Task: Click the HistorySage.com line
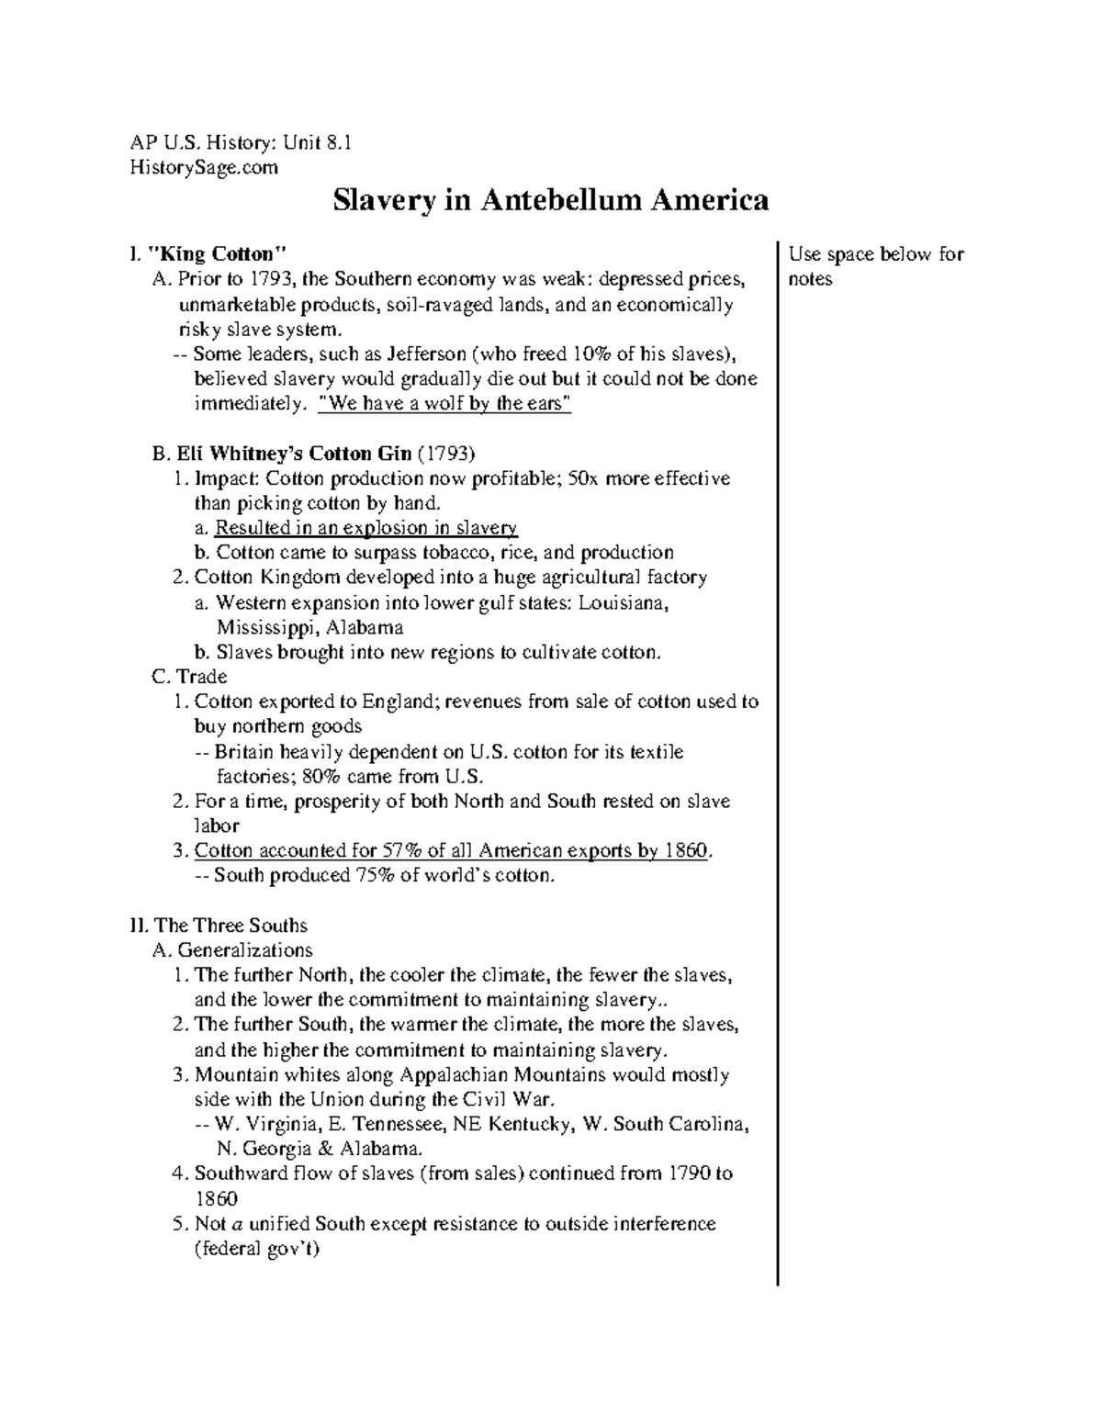point(201,167)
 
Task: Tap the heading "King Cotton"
point(216,253)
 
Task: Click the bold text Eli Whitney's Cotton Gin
point(295,454)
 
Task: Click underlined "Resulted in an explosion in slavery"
point(365,528)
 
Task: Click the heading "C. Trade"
point(189,677)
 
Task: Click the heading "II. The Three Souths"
point(219,925)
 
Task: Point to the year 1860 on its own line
point(216,1198)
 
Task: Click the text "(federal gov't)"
point(256,1248)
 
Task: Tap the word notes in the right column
point(809,278)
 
